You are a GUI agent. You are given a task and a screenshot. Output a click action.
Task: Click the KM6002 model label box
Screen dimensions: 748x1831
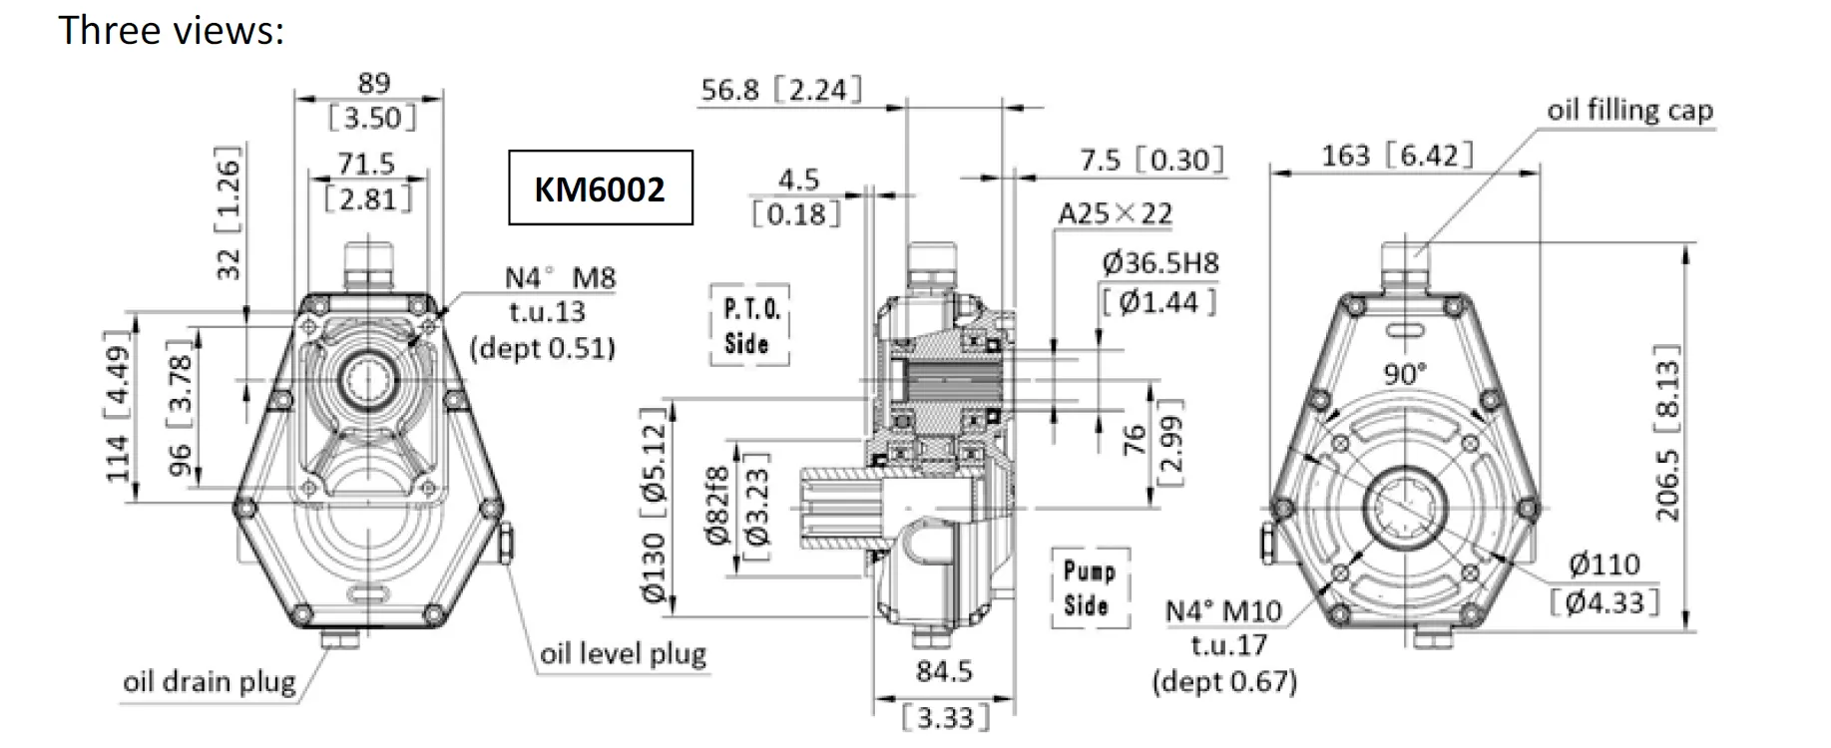pyautogui.click(x=600, y=187)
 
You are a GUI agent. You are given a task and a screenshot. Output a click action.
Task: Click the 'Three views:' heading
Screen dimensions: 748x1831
pyautogui.click(x=172, y=30)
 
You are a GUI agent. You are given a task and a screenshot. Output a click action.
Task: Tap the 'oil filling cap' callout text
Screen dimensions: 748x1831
pyautogui.click(x=1629, y=110)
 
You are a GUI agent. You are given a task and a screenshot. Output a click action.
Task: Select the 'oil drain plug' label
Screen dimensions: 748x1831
pyautogui.click(x=209, y=682)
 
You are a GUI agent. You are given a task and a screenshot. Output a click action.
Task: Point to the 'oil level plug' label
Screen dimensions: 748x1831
pyautogui.click(x=623, y=654)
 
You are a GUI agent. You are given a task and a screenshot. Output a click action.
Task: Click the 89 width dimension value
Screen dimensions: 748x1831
pyautogui.click(x=373, y=83)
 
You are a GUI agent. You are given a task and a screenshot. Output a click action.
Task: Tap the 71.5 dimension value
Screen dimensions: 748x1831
pyautogui.click(x=366, y=163)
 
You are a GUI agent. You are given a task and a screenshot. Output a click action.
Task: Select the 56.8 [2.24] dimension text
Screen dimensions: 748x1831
pyautogui.click(x=780, y=90)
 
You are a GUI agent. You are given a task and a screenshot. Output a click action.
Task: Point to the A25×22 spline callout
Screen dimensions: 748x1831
pyautogui.click(x=1116, y=213)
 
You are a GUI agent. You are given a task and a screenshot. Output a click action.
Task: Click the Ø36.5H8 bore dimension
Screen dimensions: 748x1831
pyautogui.click(x=1160, y=263)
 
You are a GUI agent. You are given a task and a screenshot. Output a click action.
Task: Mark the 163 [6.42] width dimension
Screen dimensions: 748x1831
pyautogui.click(x=1397, y=156)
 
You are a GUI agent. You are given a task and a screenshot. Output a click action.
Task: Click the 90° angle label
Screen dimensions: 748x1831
pyautogui.click(x=1405, y=374)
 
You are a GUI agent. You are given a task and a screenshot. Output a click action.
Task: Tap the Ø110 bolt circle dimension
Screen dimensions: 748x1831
pyautogui.click(x=1604, y=564)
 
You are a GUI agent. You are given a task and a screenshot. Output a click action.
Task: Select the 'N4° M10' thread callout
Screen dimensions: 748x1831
pyautogui.click(x=1223, y=610)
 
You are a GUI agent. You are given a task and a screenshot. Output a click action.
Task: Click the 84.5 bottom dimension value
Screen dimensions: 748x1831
pyautogui.click(x=944, y=671)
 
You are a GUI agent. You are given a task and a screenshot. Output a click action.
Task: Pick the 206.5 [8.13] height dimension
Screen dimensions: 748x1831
pyautogui.click(x=1667, y=433)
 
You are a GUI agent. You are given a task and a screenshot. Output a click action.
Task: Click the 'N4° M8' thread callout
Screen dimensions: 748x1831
pyautogui.click(x=560, y=277)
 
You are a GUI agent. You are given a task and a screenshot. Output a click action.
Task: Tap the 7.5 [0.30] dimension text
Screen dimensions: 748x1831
pyautogui.click(x=1151, y=160)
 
